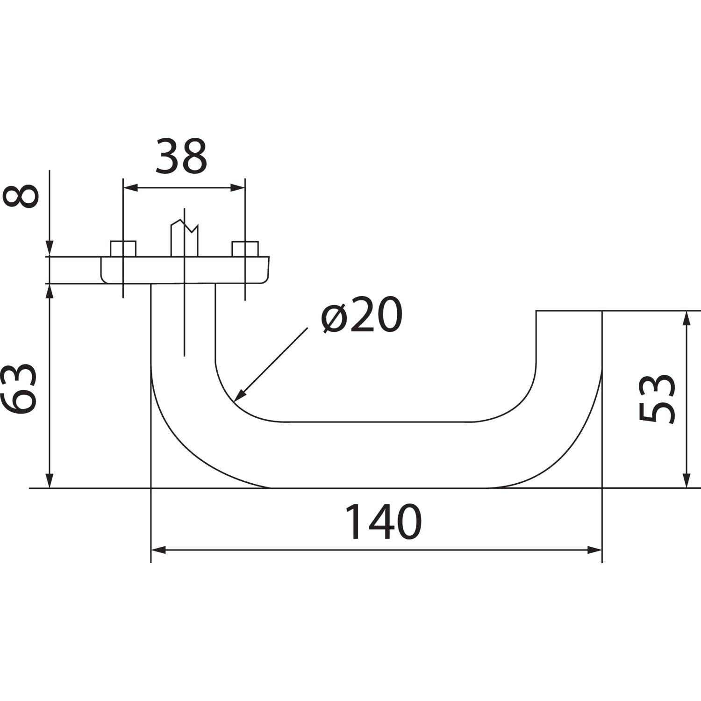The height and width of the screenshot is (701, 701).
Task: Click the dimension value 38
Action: (181, 156)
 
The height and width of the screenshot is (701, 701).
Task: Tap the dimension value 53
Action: (658, 399)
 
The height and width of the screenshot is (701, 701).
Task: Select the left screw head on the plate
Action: (123, 249)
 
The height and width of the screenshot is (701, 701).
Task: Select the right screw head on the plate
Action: (245, 249)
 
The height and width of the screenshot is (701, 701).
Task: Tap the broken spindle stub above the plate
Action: (185, 238)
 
